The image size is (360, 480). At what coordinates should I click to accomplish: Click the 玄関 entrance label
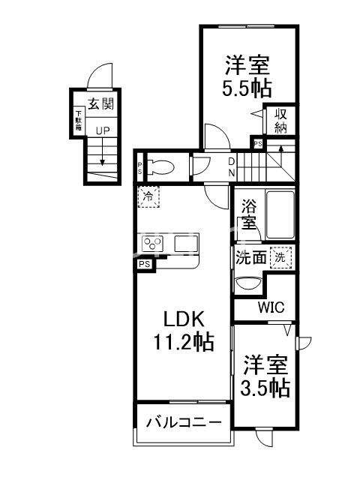point(100,105)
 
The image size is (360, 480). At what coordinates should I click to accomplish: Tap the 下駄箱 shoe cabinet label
point(78,121)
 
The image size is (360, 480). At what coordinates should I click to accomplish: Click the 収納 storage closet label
point(280,122)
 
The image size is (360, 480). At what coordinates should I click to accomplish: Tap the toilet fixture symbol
point(161,166)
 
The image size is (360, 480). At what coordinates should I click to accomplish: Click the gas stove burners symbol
point(154,243)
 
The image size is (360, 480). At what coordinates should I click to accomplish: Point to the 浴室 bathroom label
point(248,213)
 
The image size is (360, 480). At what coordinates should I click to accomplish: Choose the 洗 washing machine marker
point(281,256)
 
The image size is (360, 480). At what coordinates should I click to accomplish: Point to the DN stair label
point(232,166)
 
